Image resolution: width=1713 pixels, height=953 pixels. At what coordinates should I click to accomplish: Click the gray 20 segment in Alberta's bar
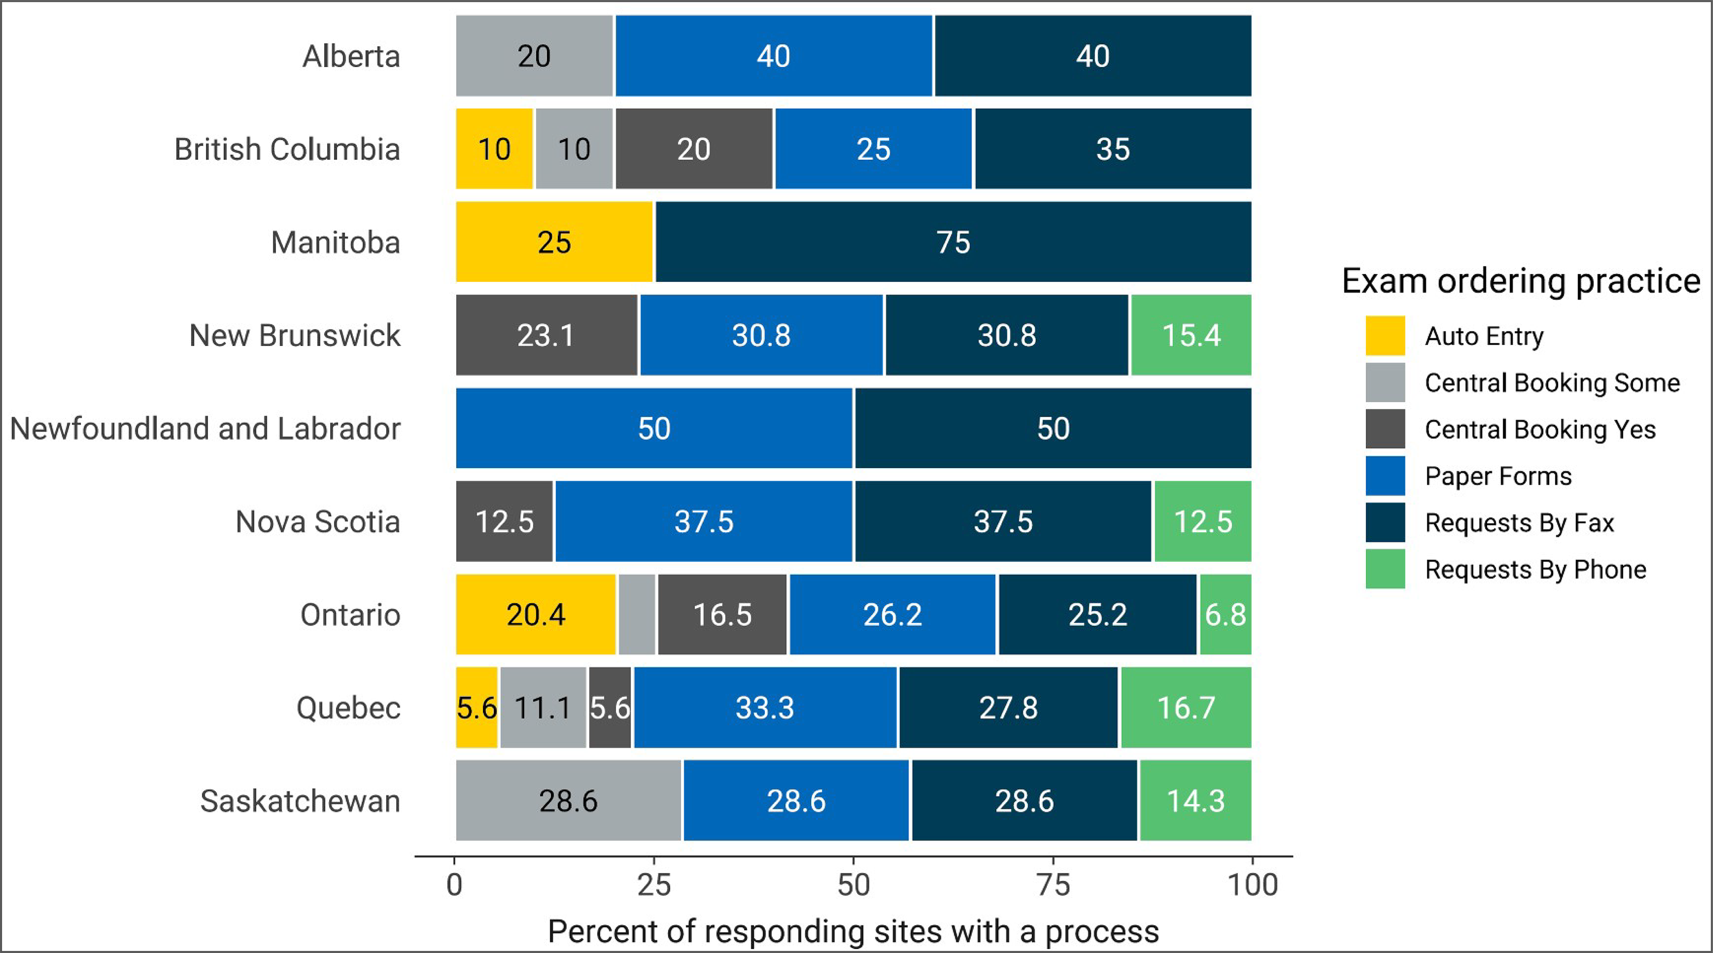534,56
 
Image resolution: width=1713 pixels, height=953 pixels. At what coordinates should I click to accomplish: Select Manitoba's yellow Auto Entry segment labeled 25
554,242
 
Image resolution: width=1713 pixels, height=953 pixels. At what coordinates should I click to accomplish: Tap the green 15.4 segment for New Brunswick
1190,335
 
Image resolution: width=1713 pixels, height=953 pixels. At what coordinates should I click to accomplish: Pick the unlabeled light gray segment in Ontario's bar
637,614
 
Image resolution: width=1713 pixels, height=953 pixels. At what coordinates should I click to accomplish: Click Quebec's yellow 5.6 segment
476,708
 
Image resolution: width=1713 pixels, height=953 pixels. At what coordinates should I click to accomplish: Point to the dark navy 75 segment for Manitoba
953,242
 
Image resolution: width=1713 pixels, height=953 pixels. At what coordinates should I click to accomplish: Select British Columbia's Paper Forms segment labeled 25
873,149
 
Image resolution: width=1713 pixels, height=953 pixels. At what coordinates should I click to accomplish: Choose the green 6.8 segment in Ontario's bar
1225,614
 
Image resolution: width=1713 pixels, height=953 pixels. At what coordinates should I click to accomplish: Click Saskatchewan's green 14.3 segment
1195,801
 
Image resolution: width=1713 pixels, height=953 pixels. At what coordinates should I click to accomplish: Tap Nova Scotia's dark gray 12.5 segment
504,521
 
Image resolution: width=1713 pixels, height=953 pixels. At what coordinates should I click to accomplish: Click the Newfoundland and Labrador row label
205,428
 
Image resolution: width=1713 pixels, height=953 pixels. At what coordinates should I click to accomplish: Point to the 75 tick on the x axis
1053,884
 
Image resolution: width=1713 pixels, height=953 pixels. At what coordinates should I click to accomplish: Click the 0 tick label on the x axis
454,884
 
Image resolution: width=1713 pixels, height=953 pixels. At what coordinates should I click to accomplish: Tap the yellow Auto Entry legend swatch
1385,336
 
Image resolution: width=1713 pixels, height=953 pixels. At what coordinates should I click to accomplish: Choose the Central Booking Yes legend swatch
1385,429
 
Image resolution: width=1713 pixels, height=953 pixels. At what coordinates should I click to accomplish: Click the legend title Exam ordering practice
1521,280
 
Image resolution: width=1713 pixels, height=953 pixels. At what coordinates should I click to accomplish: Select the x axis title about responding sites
853,931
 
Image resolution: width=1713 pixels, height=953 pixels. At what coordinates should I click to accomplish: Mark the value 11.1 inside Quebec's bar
542,708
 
